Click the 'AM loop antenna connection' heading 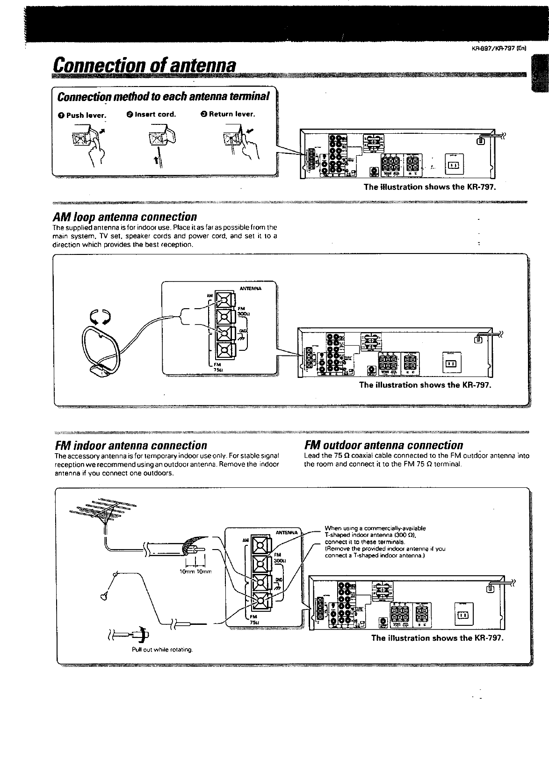coord(124,217)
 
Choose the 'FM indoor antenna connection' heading coord(130,445)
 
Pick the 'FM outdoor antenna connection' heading coord(383,445)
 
